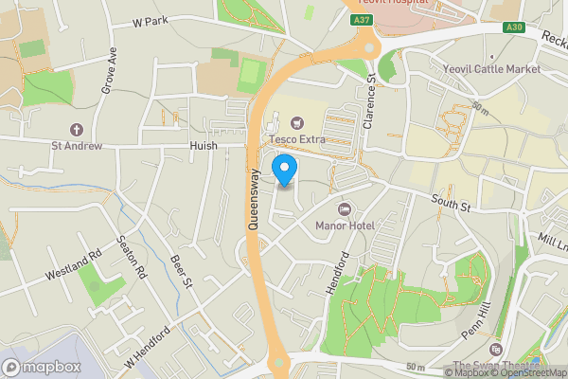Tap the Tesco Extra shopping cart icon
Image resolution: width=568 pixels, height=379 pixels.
click(297, 122)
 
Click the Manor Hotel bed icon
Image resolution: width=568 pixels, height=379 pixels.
click(345, 208)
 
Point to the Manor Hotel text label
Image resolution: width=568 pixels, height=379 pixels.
click(345, 226)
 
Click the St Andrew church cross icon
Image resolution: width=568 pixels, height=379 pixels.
click(76, 129)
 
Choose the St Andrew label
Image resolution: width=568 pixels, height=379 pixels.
click(76, 146)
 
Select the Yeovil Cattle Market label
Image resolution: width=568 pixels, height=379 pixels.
click(491, 69)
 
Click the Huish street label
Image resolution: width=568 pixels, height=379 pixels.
click(203, 146)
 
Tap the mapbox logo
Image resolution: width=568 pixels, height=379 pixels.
click(42, 367)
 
